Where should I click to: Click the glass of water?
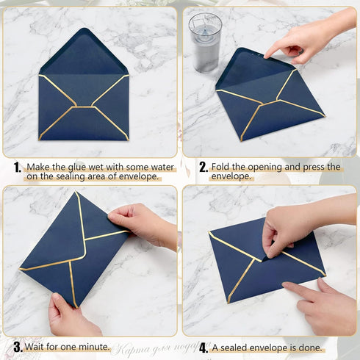tap(204, 42)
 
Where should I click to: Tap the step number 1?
tap(16, 168)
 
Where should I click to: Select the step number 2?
tap(204, 168)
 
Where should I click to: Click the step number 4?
tap(204, 347)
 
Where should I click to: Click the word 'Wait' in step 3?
tap(37, 346)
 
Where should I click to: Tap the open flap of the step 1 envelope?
tap(83, 53)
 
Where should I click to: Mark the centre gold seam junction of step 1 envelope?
tap(83, 107)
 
